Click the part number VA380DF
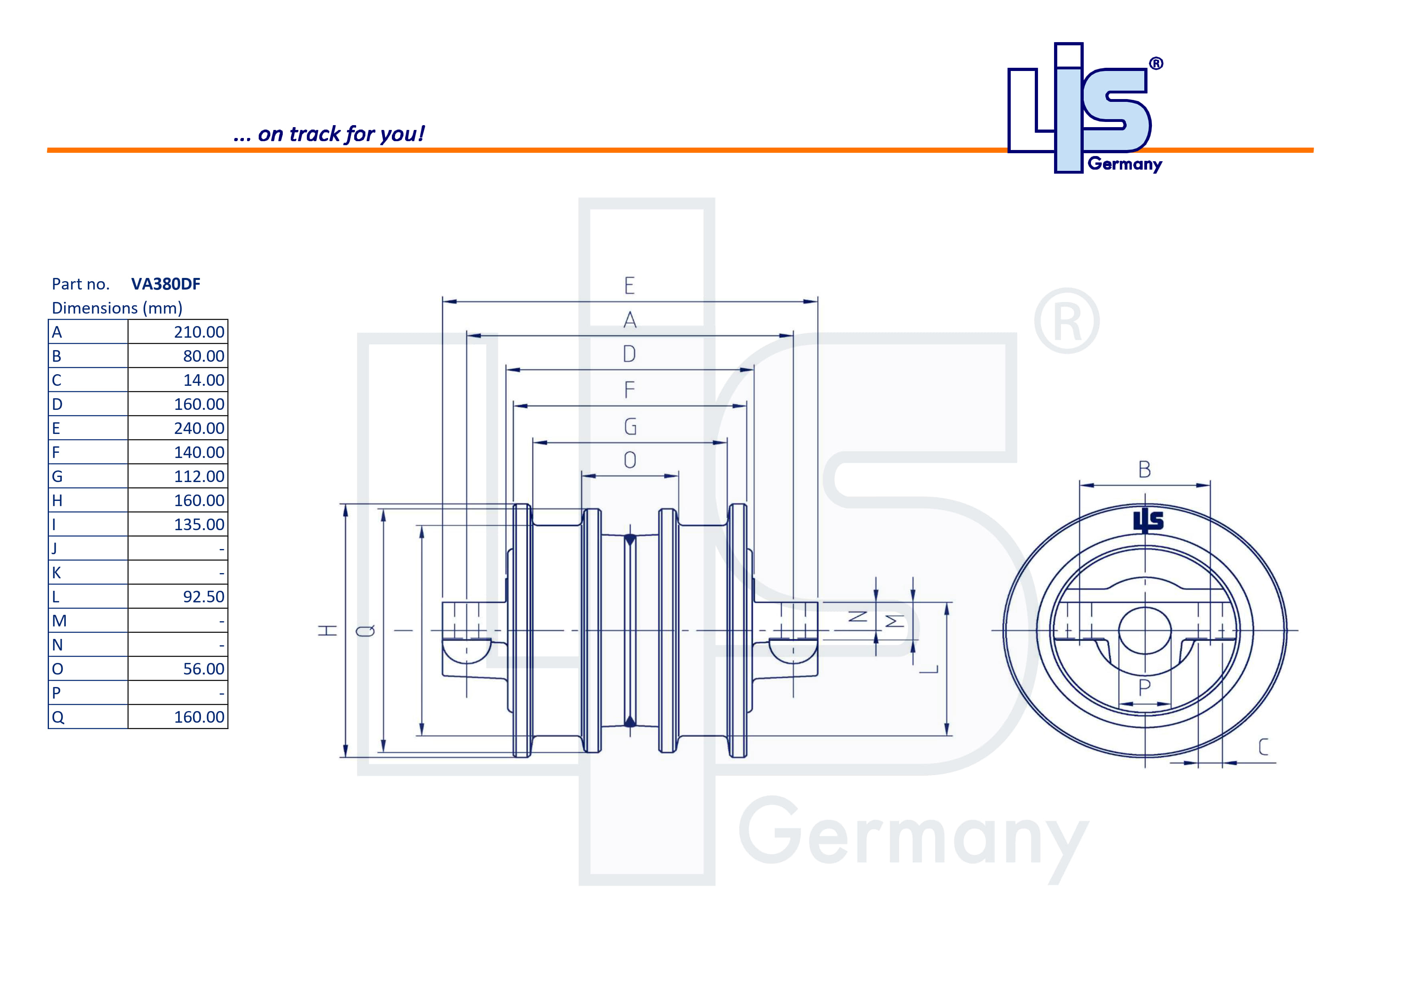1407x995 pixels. point(166,284)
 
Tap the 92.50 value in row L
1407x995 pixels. point(203,597)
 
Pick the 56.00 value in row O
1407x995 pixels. point(203,669)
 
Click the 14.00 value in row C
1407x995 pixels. point(203,381)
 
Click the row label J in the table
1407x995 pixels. point(55,548)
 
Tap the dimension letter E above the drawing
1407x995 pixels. point(629,286)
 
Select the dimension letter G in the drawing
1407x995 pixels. point(630,426)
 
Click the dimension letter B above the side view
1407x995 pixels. point(1144,470)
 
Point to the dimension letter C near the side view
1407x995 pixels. point(1263,747)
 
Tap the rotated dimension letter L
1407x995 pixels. point(929,669)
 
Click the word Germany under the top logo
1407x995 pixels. point(1125,164)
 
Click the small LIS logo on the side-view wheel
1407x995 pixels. point(1148,520)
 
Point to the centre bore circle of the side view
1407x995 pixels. point(1145,630)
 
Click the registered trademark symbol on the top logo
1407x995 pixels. point(1156,64)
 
